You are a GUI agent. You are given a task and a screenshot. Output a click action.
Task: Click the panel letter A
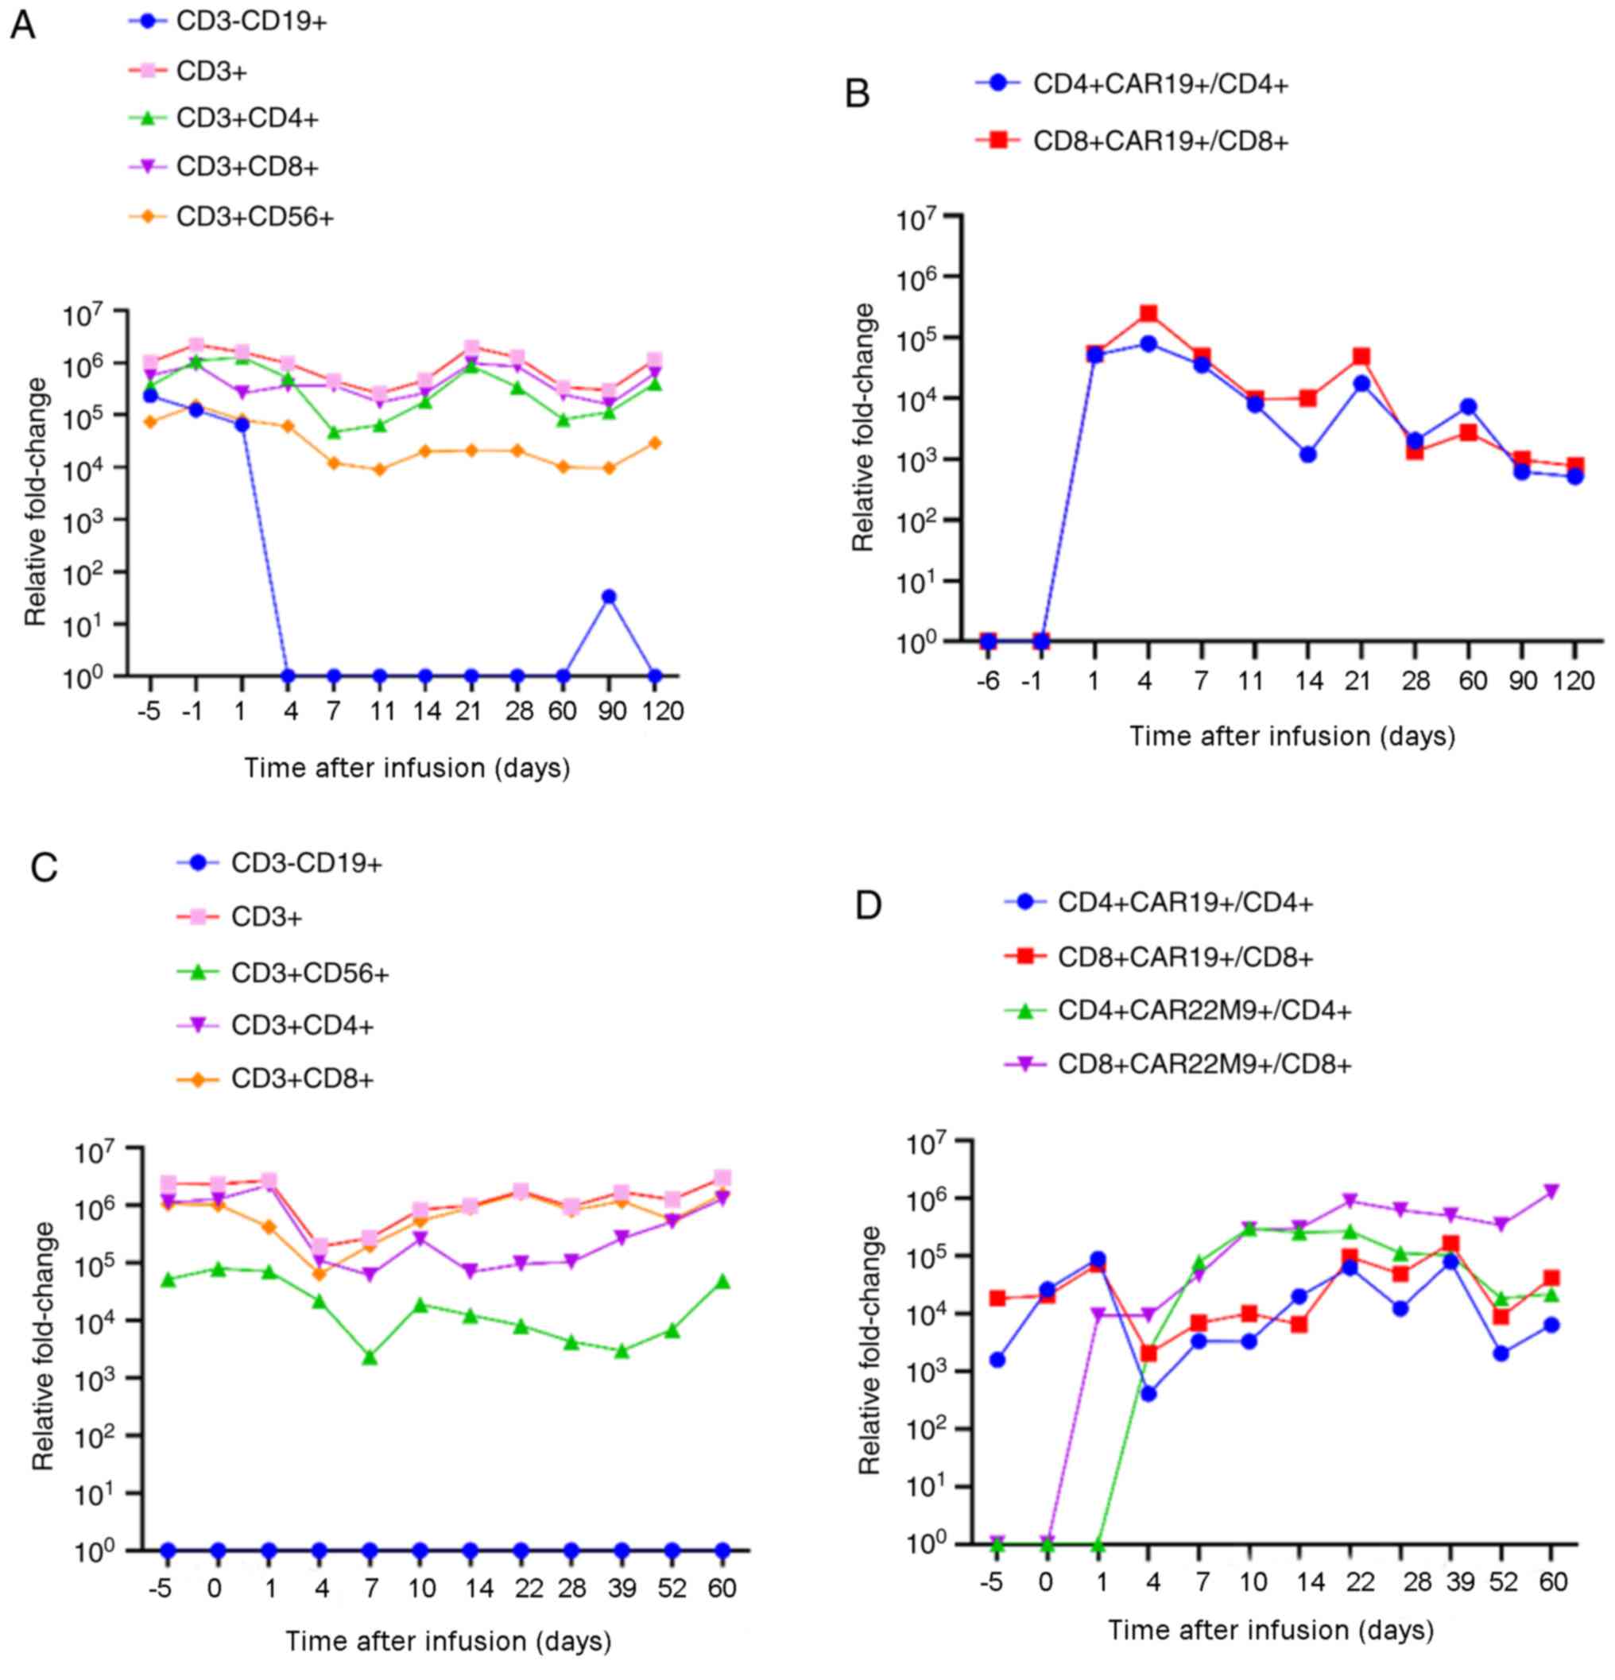pyautogui.click(x=22, y=25)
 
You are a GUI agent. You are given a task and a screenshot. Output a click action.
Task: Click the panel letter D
pyautogui.click(x=869, y=905)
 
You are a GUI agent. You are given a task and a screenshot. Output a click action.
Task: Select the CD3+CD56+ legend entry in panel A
pyautogui.click(x=254, y=217)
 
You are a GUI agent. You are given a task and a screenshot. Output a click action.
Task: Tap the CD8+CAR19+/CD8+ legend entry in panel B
pyautogui.click(x=1160, y=141)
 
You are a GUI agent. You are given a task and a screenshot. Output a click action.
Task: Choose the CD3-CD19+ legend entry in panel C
pyautogui.click(x=306, y=863)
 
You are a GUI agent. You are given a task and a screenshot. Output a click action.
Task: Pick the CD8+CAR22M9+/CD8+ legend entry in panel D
pyautogui.click(x=1203, y=1064)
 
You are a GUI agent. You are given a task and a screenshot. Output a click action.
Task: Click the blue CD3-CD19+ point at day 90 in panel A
pyautogui.click(x=609, y=597)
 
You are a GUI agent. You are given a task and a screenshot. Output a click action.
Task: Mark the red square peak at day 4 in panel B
pyautogui.click(x=1148, y=314)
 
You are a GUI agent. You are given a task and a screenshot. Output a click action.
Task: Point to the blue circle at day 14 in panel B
pyautogui.click(x=1307, y=455)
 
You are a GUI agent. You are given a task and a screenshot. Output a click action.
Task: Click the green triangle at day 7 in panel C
pyautogui.click(x=370, y=1357)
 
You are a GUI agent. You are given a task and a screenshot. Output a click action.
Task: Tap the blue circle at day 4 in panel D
pyautogui.click(x=1148, y=1394)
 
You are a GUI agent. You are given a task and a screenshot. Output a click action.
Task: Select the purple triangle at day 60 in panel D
pyautogui.click(x=1551, y=1191)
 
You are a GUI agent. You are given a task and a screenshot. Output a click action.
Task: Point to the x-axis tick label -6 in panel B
pyautogui.click(x=987, y=681)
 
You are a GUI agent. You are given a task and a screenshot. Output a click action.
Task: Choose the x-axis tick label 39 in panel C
pyautogui.click(x=622, y=1589)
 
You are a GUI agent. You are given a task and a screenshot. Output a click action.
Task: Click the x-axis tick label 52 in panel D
pyautogui.click(x=1501, y=1581)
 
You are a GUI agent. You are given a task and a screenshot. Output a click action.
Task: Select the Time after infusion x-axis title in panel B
pyautogui.click(x=1292, y=736)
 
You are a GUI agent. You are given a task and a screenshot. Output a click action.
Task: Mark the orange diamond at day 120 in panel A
pyautogui.click(x=655, y=443)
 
